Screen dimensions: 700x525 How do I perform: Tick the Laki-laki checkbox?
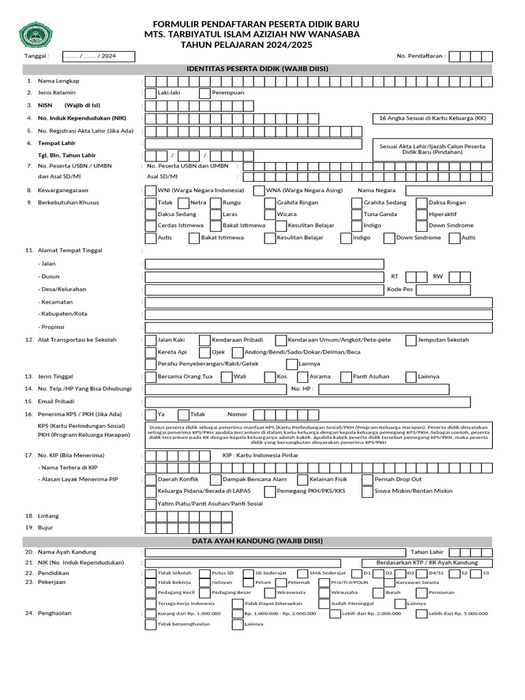coord(150,93)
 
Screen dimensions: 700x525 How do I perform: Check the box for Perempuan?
coord(204,93)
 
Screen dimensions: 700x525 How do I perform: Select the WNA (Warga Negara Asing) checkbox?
coord(259,190)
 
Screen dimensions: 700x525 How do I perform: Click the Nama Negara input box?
coord(448,190)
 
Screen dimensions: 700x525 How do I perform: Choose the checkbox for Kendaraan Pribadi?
coord(204,340)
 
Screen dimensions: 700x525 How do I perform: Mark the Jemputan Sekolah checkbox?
coord(410,340)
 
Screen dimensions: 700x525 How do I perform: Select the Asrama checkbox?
coord(302,377)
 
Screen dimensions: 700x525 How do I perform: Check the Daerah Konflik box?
coord(150,479)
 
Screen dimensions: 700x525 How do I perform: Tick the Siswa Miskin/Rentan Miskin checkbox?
coord(367,492)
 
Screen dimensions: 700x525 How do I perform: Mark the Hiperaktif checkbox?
coord(421,214)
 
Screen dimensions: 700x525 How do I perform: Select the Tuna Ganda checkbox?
coord(356,214)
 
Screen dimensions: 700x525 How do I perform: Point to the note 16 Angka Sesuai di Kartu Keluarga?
coord(432,118)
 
